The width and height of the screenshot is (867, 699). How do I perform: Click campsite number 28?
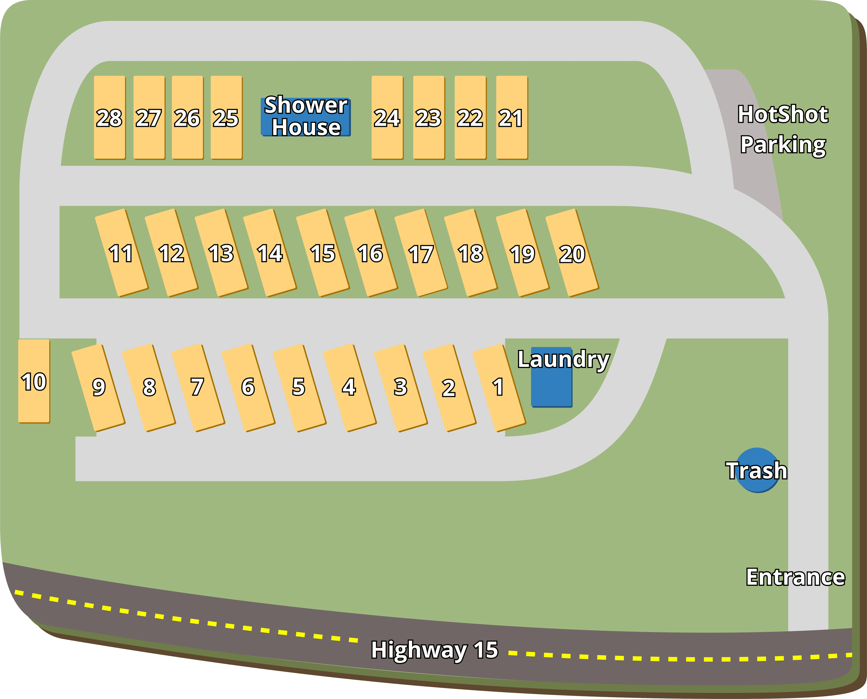click(x=109, y=117)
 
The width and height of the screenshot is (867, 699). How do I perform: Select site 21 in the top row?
click(x=511, y=117)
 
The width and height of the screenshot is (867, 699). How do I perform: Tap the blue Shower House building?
click(x=306, y=117)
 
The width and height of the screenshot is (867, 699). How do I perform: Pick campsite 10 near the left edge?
click(x=34, y=381)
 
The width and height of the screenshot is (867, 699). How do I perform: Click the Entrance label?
click(x=795, y=577)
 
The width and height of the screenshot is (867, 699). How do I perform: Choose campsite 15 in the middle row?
click(x=322, y=253)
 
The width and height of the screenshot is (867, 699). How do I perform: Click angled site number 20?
click(x=572, y=253)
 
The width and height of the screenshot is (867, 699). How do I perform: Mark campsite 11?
click(x=121, y=253)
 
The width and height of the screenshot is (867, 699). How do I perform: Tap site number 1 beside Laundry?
click(x=499, y=387)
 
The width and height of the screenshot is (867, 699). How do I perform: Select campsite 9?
click(x=98, y=387)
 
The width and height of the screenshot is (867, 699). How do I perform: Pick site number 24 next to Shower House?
click(x=387, y=117)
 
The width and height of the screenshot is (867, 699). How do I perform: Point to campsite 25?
click(x=226, y=117)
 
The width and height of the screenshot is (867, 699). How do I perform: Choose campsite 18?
click(x=470, y=253)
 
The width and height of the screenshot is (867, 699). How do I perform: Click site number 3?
click(x=400, y=387)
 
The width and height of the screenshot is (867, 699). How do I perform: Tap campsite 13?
click(x=221, y=253)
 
